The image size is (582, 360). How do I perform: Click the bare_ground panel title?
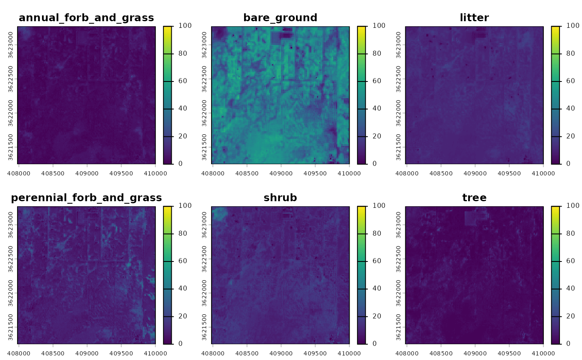click(x=280, y=17)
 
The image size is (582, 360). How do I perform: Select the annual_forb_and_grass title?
click(x=86, y=17)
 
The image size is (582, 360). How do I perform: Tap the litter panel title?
click(x=474, y=17)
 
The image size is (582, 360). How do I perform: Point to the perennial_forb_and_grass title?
click(x=86, y=197)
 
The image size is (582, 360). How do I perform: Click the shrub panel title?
click(x=280, y=197)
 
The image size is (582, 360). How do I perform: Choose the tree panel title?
click(x=474, y=197)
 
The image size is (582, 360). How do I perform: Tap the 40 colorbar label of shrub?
click(x=372, y=288)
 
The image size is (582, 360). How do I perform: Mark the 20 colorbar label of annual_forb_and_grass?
click(x=178, y=136)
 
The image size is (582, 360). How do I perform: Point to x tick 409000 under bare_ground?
click(x=281, y=170)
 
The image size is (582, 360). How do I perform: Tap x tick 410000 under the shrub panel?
click(x=349, y=350)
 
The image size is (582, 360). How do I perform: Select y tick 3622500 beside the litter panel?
click(x=398, y=79)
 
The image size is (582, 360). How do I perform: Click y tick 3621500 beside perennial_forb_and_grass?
click(x=10, y=327)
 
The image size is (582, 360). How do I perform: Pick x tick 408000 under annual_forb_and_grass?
click(x=19, y=170)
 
